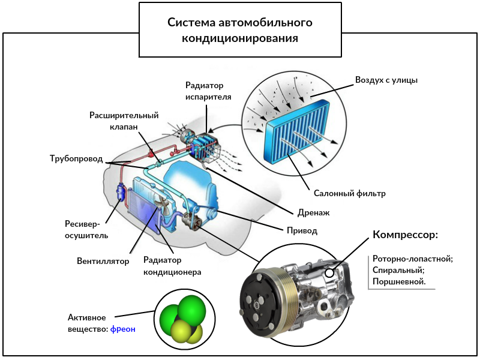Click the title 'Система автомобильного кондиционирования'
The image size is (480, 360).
(x=240, y=31)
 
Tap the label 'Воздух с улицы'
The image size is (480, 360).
(x=386, y=80)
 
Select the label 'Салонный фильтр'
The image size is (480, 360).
(x=349, y=194)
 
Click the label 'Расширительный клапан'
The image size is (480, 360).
(x=124, y=121)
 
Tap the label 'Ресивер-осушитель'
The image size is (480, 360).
(x=86, y=230)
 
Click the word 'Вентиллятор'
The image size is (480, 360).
(x=103, y=262)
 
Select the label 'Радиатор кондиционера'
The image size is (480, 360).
(x=172, y=266)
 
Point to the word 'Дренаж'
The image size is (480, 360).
(x=314, y=212)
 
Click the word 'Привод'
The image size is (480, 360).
(x=302, y=230)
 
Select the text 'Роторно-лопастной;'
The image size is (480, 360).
(x=412, y=259)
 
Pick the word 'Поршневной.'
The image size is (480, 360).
(x=399, y=281)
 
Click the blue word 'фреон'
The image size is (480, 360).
(x=123, y=329)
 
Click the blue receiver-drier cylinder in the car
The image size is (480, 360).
(x=121, y=193)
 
